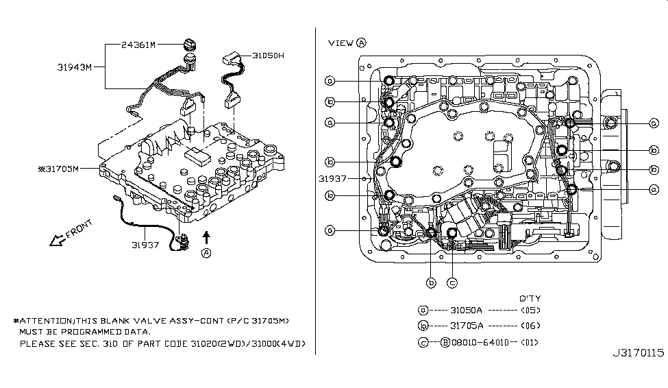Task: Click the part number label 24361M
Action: coord(138,45)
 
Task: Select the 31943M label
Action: coord(75,67)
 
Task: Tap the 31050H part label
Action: coord(268,56)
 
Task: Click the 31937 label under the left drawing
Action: coord(145,245)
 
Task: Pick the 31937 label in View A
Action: coord(332,179)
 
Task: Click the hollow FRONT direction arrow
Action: coord(57,241)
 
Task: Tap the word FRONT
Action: coord(79,228)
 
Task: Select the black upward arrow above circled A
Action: coord(206,237)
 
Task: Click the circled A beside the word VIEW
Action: coord(361,43)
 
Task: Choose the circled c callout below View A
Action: coord(452,282)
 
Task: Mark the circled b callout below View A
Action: coord(431,282)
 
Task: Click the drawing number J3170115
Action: coord(638,353)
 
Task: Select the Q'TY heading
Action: coord(530,298)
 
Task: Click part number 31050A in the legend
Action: coord(466,311)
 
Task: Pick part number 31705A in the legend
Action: coord(467,326)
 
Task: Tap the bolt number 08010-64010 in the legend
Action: coord(480,342)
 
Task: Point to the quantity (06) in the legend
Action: coord(530,326)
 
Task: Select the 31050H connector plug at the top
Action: coord(230,58)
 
